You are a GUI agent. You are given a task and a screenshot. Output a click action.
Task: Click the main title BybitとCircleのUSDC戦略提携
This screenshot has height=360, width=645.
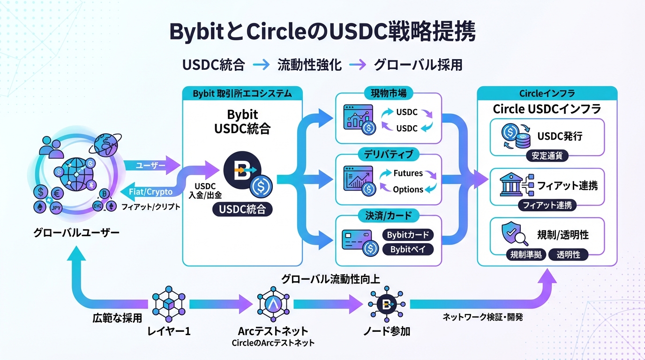(x=322, y=32)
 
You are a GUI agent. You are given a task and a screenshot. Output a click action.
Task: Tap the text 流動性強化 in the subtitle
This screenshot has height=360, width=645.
(x=309, y=65)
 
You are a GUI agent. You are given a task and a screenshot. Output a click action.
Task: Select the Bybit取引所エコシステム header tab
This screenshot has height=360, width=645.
(x=242, y=93)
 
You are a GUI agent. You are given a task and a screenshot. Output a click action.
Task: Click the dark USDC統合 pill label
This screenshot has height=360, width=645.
(x=242, y=209)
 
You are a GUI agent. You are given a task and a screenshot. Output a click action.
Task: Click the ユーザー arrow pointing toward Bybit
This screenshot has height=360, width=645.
(x=151, y=165)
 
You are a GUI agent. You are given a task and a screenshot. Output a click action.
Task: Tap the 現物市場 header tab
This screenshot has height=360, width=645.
(x=389, y=93)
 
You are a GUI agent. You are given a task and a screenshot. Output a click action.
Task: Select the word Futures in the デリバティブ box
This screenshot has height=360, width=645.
(x=408, y=173)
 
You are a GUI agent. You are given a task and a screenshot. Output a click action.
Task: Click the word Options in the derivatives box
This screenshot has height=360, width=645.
(x=408, y=189)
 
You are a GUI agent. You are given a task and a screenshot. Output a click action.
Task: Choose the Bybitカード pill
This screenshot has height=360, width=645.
(x=408, y=235)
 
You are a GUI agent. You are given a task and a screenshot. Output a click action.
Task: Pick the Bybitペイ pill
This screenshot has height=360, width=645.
(x=408, y=249)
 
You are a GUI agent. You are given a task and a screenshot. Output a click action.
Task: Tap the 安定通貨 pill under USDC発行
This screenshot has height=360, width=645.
(x=547, y=156)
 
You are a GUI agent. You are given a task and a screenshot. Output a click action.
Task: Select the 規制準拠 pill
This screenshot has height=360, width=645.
(x=526, y=255)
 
